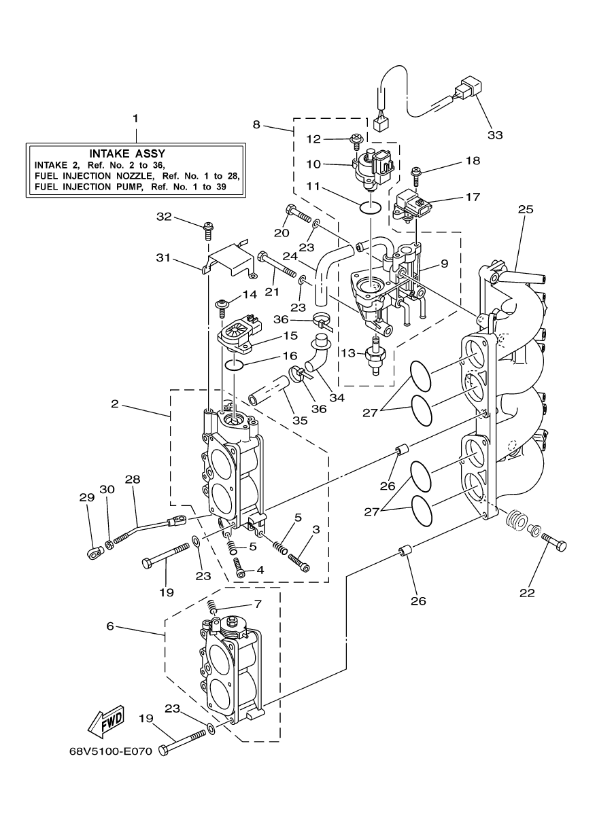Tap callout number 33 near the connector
pyautogui.click(x=495, y=135)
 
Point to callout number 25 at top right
pyautogui.click(x=525, y=209)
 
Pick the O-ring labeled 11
pyautogui.click(x=369, y=207)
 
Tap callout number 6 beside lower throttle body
pyautogui.click(x=110, y=626)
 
